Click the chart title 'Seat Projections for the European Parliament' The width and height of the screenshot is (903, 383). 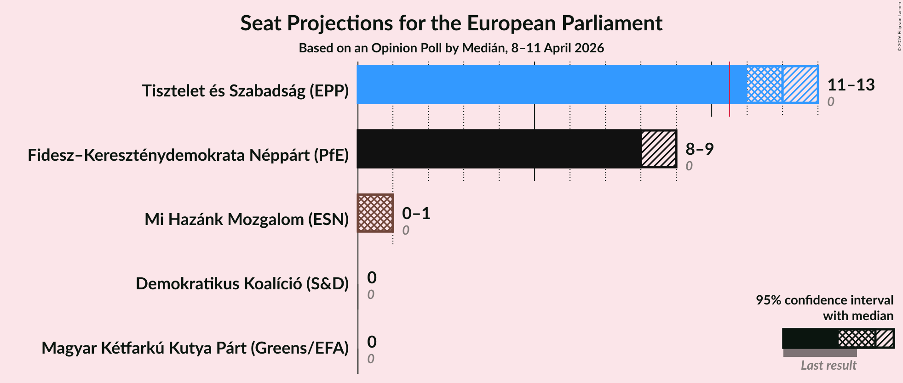[x=451, y=23]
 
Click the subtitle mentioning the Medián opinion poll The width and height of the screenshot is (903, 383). [x=451, y=48]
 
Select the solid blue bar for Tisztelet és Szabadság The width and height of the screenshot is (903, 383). [x=543, y=84]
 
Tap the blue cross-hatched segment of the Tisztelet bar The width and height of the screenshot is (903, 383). [x=765, y=84]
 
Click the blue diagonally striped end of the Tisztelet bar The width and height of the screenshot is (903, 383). [x=800, y=84]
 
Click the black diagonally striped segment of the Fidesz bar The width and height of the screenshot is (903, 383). [x=659, y=149]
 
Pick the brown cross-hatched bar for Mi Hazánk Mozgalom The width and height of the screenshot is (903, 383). [x=375, y=213]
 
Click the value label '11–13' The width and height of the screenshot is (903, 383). [x=851, y=85]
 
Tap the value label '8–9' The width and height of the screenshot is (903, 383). [x=699, y=149]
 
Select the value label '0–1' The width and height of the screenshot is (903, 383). [x=416, y=214]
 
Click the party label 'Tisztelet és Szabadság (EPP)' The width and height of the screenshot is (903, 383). [x=245, y=91]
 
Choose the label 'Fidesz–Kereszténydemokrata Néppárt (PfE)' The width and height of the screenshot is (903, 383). [x=188, y=155]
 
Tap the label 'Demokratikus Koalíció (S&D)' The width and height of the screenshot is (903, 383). [x=242, y=284]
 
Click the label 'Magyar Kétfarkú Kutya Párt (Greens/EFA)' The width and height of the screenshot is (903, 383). [x=195, y=348]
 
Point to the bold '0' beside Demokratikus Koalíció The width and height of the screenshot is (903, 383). [x=372, y=278]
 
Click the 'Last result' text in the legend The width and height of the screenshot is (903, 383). [x=828, y=366]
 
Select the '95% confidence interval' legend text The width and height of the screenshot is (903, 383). [x=824, y=300]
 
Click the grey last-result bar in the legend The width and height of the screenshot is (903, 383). [x=820, y=353]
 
